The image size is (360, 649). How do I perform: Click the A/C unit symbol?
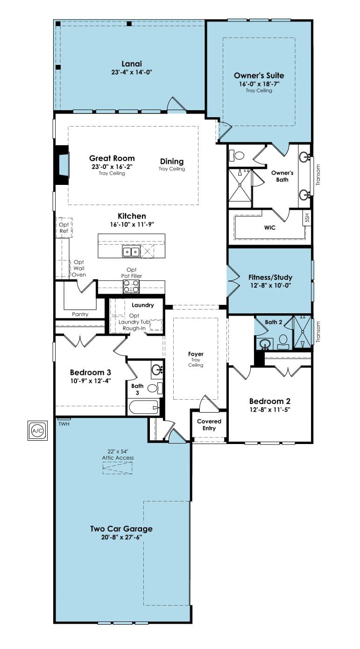[x=37, y=431]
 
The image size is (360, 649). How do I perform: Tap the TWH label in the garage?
[x=64, y=424]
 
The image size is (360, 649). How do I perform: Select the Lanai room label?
[x=132, y=64]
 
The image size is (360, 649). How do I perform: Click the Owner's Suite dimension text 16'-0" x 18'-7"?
[x=259, y=84]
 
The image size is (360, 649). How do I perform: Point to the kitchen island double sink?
[x=131, y=252]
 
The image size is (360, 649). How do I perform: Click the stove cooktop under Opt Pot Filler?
[x=131, y=287]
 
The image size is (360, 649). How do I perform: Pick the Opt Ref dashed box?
[x=64, y=228]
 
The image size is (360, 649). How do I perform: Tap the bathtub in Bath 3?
[x=144, y=407]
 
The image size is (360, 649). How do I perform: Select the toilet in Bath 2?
[x=283, y=342]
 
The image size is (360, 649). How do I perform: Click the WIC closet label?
[x=269, y=228]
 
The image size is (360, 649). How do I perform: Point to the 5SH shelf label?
[x=307, y=218]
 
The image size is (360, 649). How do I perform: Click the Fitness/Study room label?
[x=270, y=277]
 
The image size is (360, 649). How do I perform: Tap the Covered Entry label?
[x=209, y=425]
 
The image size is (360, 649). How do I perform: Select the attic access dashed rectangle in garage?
[x=118, y=468]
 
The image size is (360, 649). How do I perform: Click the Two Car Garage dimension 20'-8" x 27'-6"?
[x=121, y=537]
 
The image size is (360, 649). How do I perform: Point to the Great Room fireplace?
[x=62, y=164]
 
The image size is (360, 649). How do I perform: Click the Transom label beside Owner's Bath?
[x=318, y=175]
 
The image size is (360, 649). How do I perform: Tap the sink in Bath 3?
[x=157, y=370]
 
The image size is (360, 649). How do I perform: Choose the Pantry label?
[x=80, y=314]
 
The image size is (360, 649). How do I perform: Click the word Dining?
[x=172, y=162]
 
